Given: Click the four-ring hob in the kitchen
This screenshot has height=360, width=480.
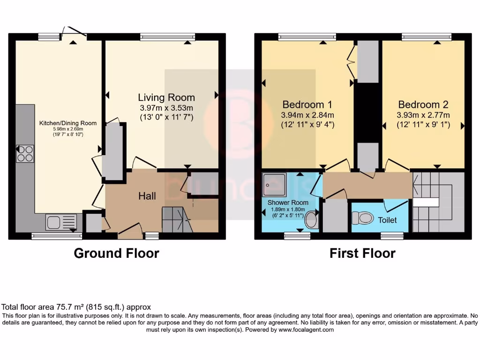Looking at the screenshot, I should [x=25, y=154].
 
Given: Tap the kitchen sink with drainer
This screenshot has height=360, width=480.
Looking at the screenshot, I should [x=60, y=222].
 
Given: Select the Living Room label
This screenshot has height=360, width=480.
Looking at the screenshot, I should [x=166, y=97].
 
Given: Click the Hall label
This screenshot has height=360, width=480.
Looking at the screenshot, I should [x=147, y=196].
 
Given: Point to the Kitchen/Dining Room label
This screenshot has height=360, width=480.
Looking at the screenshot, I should [x=67, y=123].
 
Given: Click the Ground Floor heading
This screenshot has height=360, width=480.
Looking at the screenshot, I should [x=116, y=254].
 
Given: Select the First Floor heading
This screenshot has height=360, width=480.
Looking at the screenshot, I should [x=362, y=254].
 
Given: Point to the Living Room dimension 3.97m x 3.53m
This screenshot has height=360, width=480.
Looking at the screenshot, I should [x=166, y=108].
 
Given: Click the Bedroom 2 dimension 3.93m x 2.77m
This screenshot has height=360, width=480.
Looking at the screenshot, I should [x=423, y=115].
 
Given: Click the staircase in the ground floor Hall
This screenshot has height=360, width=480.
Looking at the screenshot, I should [x=177, y=220].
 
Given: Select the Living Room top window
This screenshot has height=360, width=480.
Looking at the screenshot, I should [x=167, y=37].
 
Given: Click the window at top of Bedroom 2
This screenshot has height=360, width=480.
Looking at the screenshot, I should [x=427, y=37].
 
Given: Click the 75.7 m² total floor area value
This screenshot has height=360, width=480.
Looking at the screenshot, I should [x=66, y=307].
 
